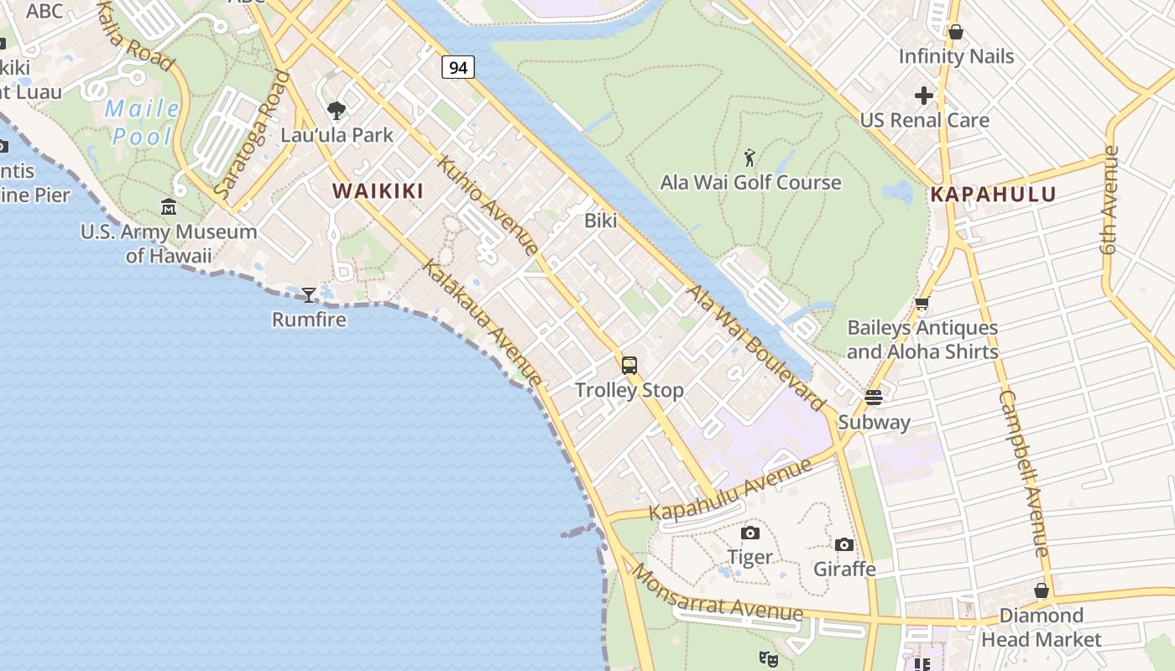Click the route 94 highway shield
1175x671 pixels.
pyautogui.click(x=458, y=67)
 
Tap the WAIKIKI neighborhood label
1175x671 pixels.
pyautogui.click(x=378, y=191)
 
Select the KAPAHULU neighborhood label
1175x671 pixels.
pyautogui.click(x=993, y=195)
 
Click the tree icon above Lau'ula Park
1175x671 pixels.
pyautogui.click(x=337, y=110)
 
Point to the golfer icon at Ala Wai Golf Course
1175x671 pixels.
pyautogui.click(x=749, y=157)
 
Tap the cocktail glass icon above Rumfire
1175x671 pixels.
pyautogui.click(x=309, y=294)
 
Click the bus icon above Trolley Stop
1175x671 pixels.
pyautogui.click(x=629, y=365)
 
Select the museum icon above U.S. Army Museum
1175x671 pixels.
pyautogui.click(x=169, y=206)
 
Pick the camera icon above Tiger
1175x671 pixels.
pyautogui.click(x=749, y=533)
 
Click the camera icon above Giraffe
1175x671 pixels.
pyautogui.click(x=844, y=544)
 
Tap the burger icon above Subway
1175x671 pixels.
pyautogui.click(x=874, y=397)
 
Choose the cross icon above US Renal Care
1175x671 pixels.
pyautogui.click(x=924, y=96)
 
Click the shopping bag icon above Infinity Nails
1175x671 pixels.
pyautogui.click(x=955, y=32)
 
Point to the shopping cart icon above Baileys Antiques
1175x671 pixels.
pyautogui.click(x=922, y=304)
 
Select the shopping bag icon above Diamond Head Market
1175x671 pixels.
pyautogui.click(x=1042, y=590)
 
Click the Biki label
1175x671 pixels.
pyautogui.click(x=601, y=221)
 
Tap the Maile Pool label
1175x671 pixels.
pyautogui.click(x=143, y=122)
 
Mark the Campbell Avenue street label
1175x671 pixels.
pyautogui.click(x=1025, y=474)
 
